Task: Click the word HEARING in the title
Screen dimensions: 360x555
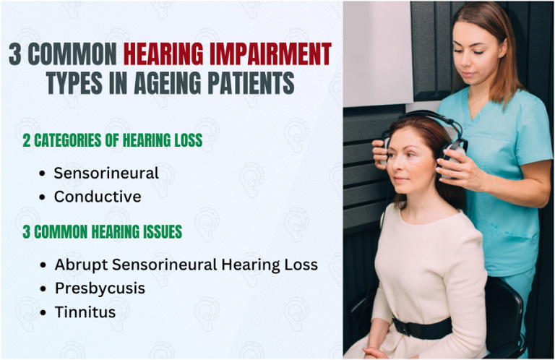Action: click(165, 54)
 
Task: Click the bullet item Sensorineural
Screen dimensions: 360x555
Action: click(106, 173)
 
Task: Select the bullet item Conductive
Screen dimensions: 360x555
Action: click(98, 196)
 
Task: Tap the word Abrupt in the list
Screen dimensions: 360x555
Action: click(81, 265)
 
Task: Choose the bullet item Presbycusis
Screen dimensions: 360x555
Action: click(100, 288)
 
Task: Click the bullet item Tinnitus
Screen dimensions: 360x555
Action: click(85, 312)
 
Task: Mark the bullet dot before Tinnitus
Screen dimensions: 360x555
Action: click(44, 312)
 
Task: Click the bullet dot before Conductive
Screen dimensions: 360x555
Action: click(44, 197)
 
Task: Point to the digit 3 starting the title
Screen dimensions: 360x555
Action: click(14, 54)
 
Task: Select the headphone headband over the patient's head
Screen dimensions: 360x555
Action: click(423, 116)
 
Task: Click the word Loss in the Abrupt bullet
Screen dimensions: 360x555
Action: click(301, 265)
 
